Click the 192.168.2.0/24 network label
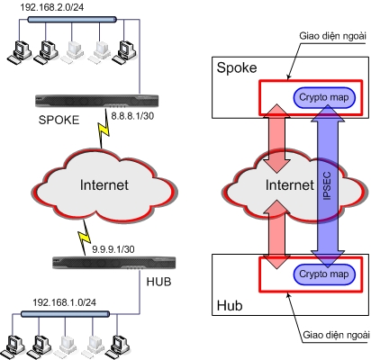52,7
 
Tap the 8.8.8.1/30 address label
132,116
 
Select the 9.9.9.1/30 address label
113,249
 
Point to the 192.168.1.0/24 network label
65,302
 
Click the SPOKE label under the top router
59,120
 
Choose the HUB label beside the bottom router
158,282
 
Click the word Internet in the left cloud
104,184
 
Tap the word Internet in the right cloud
290,184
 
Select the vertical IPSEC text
327,186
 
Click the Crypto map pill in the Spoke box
324,97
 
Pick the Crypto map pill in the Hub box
324,274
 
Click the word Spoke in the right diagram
237,67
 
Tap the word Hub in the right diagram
230,305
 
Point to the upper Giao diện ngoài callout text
332,36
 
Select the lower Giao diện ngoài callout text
336,335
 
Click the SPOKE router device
96,101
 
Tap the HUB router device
113,263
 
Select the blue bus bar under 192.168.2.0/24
72,20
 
